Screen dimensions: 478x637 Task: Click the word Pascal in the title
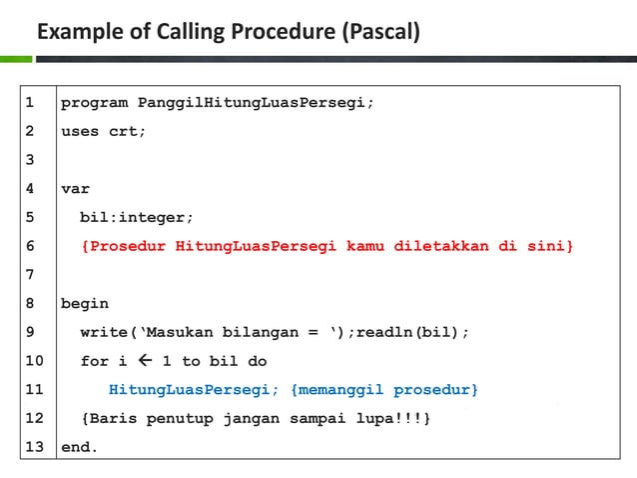pyautogui.click(x=379, y=34)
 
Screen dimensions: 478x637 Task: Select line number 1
pyautogui.click(x=29, y=102)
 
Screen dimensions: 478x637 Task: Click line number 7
pyautogui.click(x=29, y=274)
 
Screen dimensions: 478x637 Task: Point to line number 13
pyautogui.click(x=34, y=447)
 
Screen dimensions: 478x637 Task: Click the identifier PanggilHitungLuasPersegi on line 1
pyautogui.click(x=254, y=102)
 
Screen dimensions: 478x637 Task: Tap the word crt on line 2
pyautogui.click(x=125, y=131)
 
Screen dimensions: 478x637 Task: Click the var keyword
pyautogui.click(x=75, y=188)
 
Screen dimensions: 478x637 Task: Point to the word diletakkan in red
pyautogui.click(x=440, y=246)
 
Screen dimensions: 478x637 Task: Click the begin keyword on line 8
pyautogui.click(x=85, y=303)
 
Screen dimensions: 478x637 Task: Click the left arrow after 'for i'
pyautogui.click(x=143, y=361)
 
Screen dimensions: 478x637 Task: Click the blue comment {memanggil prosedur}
pyautogui.click(x=384, y=389)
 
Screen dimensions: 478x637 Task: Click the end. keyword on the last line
pyautogui.click(x=80, y=447)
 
